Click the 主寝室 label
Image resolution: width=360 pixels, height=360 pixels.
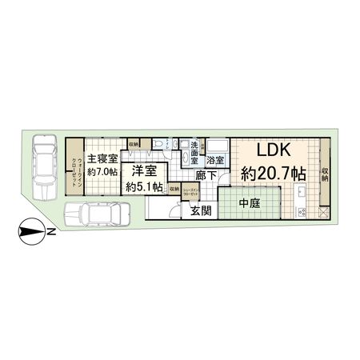[x=103, y=158]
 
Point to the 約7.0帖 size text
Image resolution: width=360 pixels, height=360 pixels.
[x=103, y=171]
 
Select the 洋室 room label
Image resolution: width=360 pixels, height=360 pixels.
[x=144, y=171]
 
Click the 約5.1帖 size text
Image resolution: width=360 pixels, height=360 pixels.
[x=144, y=186]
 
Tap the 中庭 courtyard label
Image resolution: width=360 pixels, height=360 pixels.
[x=250, y=204]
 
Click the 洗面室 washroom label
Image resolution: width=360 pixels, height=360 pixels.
[x=194, y=152]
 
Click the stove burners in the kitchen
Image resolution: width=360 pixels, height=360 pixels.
[x=302, y=211]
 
